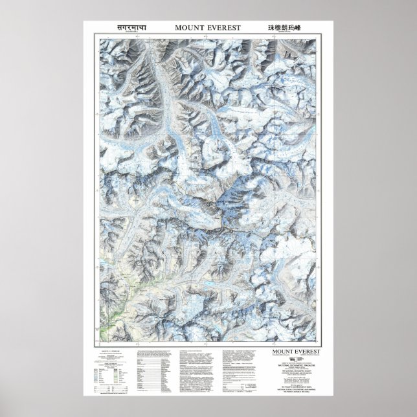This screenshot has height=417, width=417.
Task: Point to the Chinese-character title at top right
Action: tap(285, 28)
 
